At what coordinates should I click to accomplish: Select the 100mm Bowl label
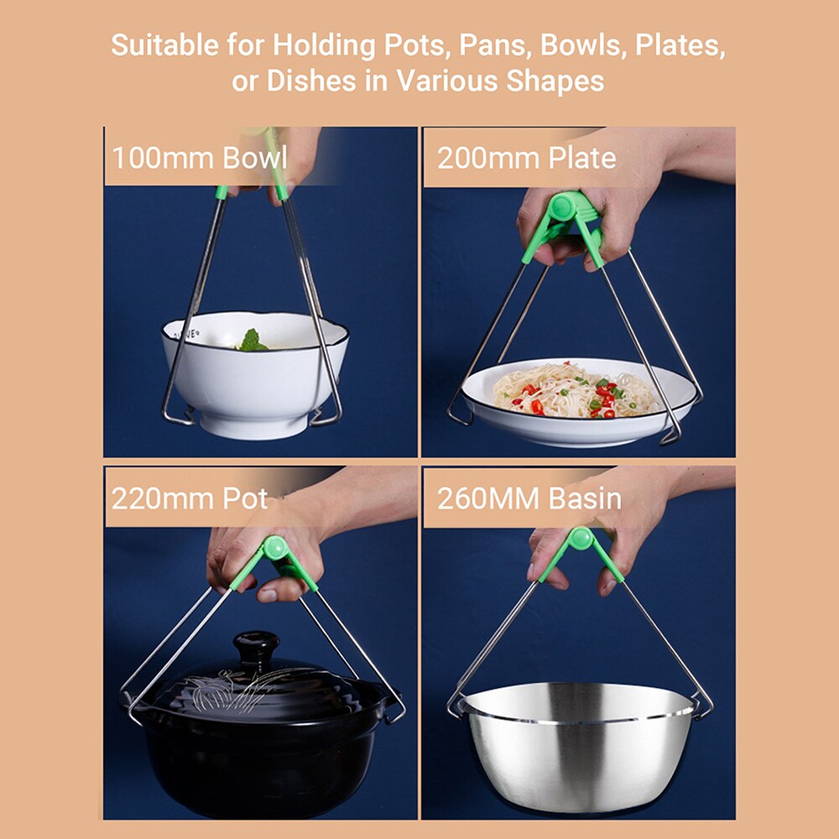point(200,158)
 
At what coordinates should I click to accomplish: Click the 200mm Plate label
point(526,158)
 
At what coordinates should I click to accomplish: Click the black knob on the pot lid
point(256,649)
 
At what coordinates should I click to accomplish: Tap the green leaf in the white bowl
point(251,341)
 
